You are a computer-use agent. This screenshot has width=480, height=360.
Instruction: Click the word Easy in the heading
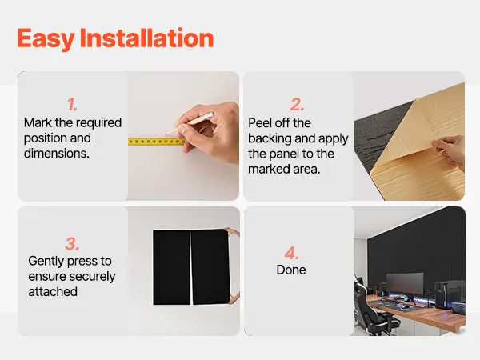point(46,38)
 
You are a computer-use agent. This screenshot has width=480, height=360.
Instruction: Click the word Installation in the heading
point(146,38)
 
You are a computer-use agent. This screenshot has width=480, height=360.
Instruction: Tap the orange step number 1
point(72,104)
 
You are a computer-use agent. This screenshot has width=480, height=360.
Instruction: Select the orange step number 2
point(297,104)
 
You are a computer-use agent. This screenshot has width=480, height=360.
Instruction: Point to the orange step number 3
point(72,244)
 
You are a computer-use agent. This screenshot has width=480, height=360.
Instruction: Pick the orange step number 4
point(291,253)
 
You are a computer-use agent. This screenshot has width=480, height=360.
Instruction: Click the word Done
point(291,270)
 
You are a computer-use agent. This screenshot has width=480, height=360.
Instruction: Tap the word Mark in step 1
point(38,122)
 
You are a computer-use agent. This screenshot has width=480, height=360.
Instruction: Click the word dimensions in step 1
point(57,154)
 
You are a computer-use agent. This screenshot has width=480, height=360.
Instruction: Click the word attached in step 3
point(53,292)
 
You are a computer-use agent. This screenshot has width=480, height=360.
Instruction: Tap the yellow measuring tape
point(156,142)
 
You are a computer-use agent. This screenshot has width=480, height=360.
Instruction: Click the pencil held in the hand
point(190,123)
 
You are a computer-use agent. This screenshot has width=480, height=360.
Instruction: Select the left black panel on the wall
point(172,268)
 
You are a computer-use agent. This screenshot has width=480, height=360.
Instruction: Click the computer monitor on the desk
point(405,284)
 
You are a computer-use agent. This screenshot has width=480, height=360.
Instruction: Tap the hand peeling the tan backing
point(450,151)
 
